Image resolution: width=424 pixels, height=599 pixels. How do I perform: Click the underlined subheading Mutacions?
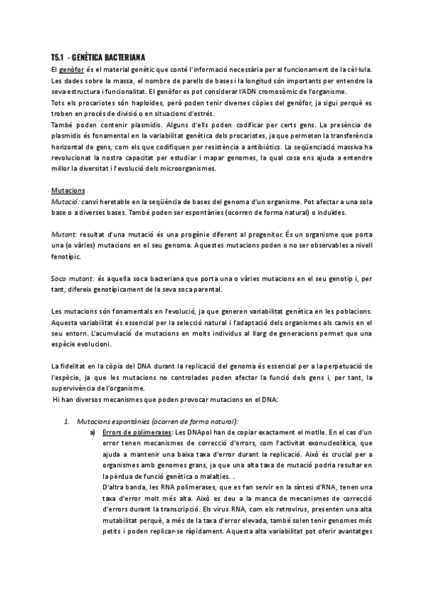[69, 191]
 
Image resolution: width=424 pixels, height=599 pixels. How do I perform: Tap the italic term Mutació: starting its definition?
[65, 201]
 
